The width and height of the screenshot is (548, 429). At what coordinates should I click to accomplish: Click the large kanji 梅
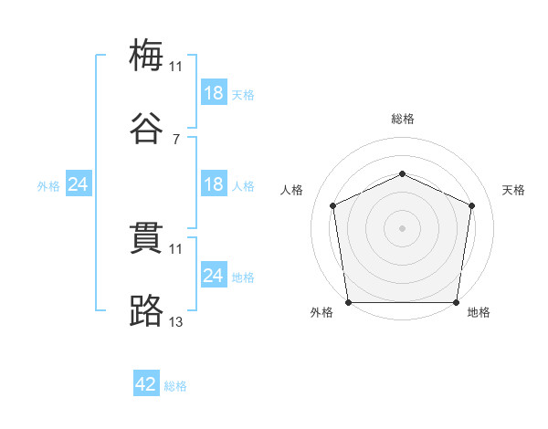[x=146, y=55]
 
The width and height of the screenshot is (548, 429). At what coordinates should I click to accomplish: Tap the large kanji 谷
[x=146, y=128]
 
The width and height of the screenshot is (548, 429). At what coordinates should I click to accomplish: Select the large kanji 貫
[x=146, y=238]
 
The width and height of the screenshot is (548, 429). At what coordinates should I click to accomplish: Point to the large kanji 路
[x=146, y=310]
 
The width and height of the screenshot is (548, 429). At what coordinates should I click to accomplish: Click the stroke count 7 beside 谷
[x=176, y=140]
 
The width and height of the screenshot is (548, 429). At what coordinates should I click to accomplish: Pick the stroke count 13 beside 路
[x=175, y=321]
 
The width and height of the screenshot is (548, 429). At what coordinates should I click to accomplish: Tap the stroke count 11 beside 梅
[x=175, y=67]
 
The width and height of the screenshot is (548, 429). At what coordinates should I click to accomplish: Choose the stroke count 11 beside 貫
[x=175, y=249]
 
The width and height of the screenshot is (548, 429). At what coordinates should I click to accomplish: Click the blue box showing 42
[x=146, y=382]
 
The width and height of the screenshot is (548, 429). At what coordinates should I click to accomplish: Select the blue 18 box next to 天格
[x=215, y=92]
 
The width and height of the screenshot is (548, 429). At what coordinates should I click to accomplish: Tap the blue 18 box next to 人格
[x=215, y=183]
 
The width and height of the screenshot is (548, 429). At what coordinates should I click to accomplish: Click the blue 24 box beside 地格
[x=215, y=274]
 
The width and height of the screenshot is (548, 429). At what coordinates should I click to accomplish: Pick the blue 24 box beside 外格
[x=79, y=183]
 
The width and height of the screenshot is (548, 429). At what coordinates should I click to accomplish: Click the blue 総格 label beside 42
[x=175, y=386]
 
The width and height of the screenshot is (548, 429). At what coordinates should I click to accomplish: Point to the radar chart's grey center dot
[x=402, y=228]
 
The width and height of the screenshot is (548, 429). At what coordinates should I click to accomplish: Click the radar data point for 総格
[x=402, y=173]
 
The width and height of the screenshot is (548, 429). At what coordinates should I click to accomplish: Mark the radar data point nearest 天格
[x=471, y=205]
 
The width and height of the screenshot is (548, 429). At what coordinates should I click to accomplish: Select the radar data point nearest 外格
[x=349, y=302]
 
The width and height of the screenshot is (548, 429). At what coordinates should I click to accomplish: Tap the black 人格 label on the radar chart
[x=291, y=190]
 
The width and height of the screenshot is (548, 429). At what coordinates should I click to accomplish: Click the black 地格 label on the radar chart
[x=479, y=312]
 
